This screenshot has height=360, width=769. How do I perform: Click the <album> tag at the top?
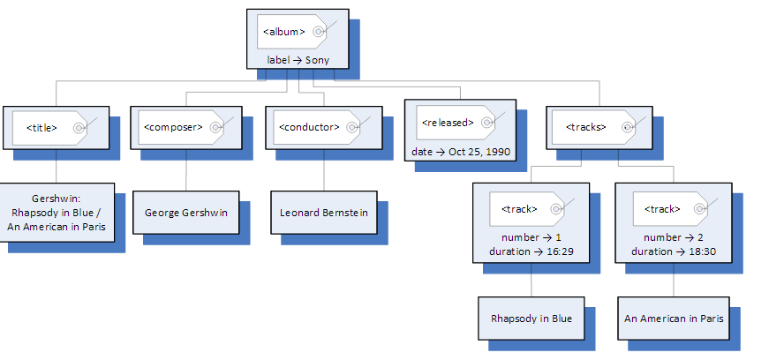point(284,32)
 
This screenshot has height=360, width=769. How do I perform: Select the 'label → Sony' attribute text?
point(297,60)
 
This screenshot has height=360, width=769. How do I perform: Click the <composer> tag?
point(173,127)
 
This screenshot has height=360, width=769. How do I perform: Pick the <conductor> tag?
point(309,127)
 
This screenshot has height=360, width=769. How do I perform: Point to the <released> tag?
point(448,123)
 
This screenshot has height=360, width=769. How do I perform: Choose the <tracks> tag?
point(585,127)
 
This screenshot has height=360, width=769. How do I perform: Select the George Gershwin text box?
point(185,213)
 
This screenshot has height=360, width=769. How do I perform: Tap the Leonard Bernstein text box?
point(323,213)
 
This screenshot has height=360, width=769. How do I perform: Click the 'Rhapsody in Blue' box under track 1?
point(532,319)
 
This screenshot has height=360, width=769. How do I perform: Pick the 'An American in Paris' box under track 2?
point(674,319)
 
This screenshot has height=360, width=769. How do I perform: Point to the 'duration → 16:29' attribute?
point(531,251)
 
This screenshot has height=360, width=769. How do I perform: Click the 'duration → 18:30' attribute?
point(674,251)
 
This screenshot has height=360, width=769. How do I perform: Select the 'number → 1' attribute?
point(531,237)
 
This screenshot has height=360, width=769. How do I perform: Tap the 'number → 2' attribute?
point(674,237)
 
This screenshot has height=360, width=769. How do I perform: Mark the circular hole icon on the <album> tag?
point(319,32)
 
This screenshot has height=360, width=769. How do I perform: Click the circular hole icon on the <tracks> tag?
point(627,127)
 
